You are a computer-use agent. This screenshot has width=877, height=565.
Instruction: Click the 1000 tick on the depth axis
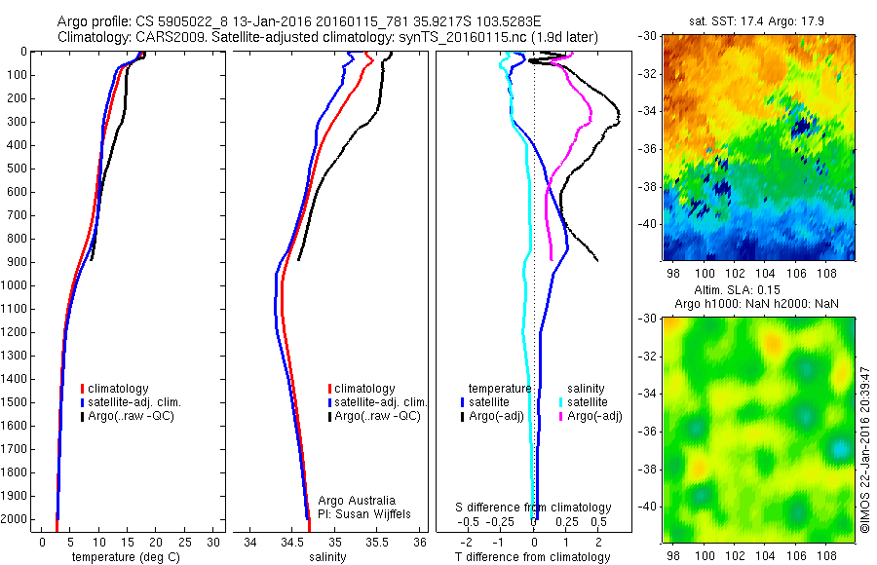[17, 285]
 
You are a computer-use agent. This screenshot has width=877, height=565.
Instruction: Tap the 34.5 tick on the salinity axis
[292, 542]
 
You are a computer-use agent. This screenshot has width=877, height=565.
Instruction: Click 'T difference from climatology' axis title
[533, 557]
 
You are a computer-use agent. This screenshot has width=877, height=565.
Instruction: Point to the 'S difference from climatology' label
[533, 508]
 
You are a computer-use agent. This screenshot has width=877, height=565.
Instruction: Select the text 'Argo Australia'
[358, 500]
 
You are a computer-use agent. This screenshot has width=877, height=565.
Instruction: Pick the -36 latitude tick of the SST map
[649, 148]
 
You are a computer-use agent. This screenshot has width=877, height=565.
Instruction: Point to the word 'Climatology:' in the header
[91, 37]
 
